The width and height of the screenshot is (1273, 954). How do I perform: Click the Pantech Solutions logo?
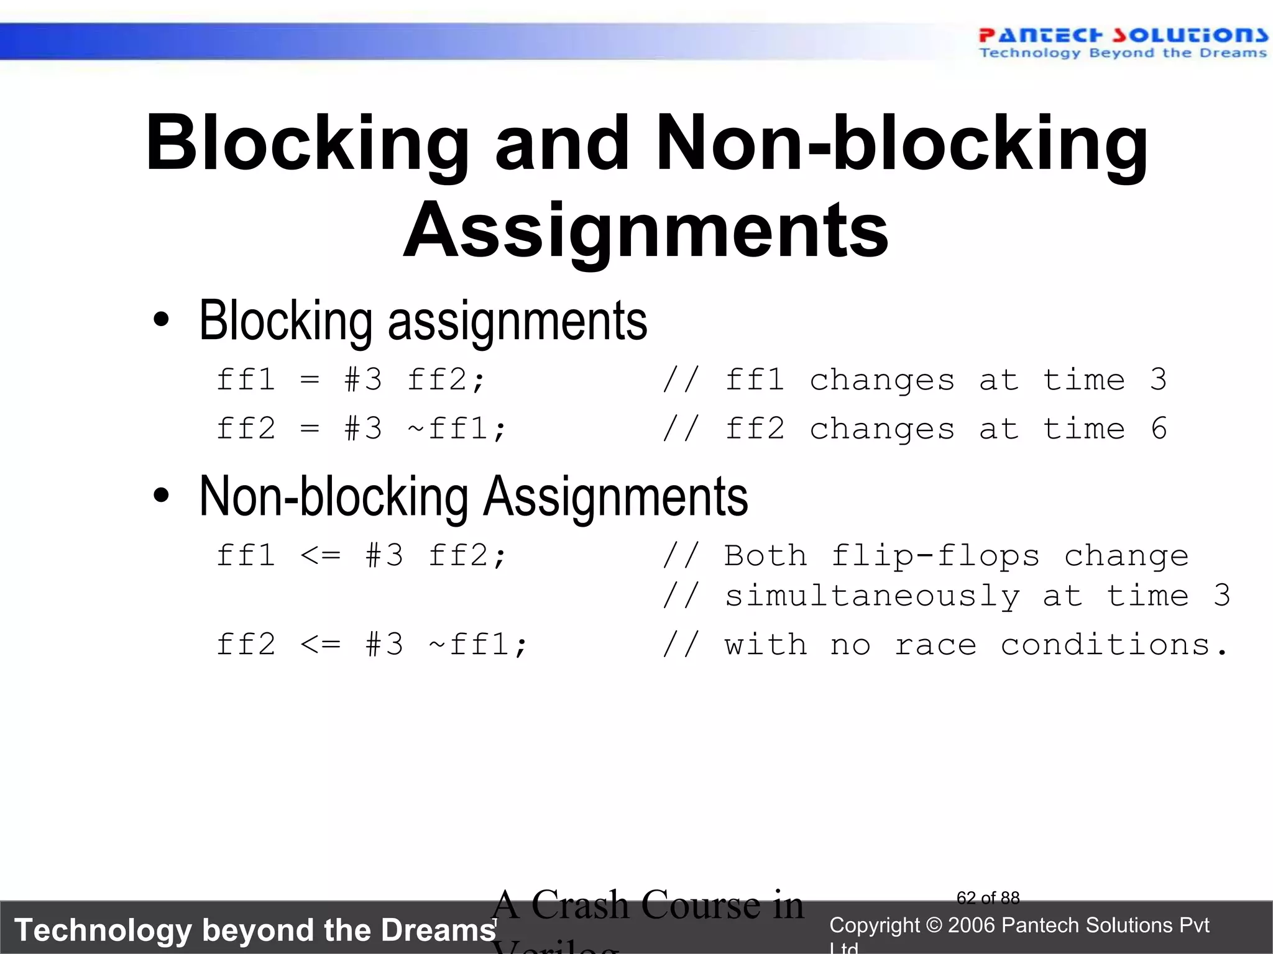[x=1123, y=35]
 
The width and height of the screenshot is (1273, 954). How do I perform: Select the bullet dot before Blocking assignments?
[x=161, y=320]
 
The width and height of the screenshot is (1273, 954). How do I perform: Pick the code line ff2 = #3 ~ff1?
[x=361, y=429]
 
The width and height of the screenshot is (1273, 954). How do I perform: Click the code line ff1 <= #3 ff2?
[x=361, y=555]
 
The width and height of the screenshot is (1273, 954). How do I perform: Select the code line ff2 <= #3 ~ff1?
[x=371, y=644]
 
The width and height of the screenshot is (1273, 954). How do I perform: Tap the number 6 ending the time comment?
[x=1159, y=429]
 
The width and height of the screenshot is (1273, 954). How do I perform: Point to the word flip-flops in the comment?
[x=935, y=555]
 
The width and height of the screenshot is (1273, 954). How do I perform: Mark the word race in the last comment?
[x=935, y=645]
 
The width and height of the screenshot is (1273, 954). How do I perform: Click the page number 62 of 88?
[x=988, y=898]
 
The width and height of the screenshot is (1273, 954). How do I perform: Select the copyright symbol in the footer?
[x=933, y=925]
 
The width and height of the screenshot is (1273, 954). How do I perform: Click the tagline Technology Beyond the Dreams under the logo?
[x=1123, y=53]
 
